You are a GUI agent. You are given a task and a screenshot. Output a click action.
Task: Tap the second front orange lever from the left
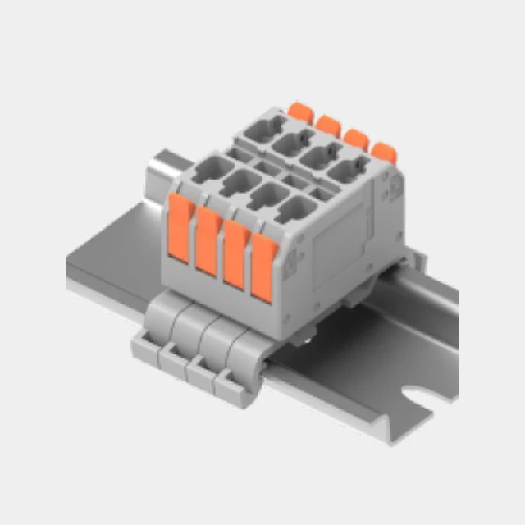click(208, 244)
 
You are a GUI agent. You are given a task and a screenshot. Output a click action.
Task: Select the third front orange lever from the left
click(235, 257)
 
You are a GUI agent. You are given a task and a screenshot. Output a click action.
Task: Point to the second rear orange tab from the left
click(328, 125)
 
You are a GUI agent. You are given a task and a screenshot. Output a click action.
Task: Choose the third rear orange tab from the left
click(355, 138)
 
